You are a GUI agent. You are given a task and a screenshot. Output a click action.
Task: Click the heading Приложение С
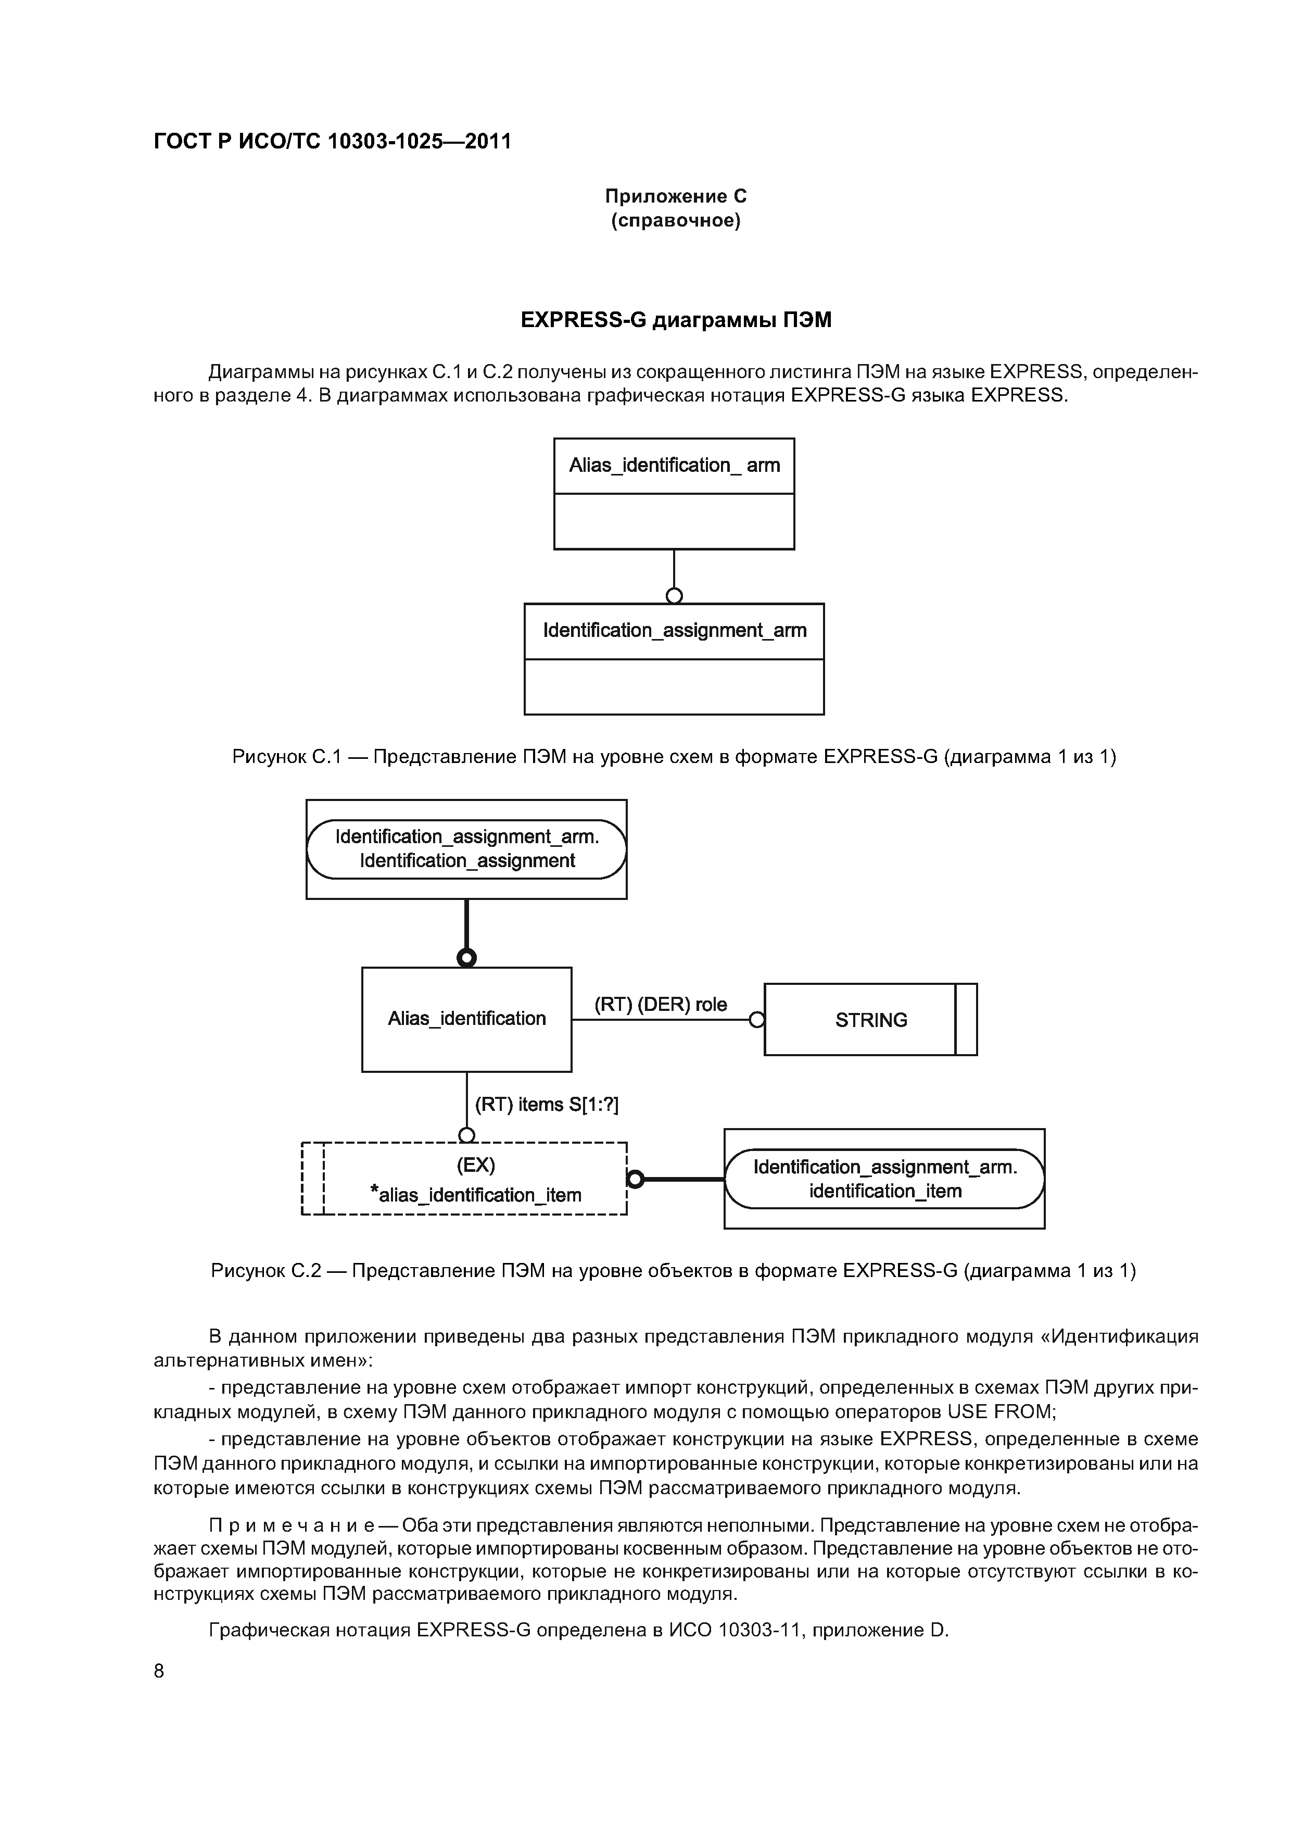pos(675,196)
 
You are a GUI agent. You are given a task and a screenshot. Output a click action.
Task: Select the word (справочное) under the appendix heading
pos(675,220)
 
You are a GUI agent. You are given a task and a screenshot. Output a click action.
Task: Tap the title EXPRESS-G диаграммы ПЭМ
pos(675,320)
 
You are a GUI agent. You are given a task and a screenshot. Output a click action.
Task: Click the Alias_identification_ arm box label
pos(674,466)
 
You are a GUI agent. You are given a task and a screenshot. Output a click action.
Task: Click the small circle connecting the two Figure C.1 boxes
pos(674,595)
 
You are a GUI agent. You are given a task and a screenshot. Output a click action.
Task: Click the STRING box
pos(870,1019)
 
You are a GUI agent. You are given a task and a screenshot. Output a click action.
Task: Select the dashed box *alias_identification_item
pos(475,1179)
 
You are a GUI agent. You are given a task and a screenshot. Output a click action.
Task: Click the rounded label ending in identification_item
pos(884,1179)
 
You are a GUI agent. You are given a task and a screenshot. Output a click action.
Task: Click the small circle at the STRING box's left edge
pos(757,1019)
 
